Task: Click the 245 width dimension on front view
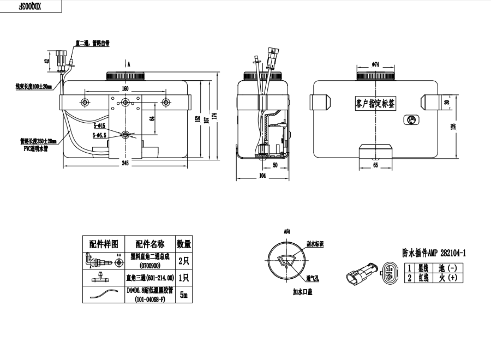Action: [125, 164]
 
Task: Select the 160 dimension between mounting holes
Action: [125, 88]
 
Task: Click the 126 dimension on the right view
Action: [462, 127]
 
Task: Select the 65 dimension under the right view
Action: [375, 164]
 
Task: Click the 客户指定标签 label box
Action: [375, 103]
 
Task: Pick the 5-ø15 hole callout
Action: [100, 127]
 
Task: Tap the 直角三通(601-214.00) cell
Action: [149, 277]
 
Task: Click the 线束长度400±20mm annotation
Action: [34, 86]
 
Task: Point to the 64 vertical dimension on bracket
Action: [152, 115]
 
